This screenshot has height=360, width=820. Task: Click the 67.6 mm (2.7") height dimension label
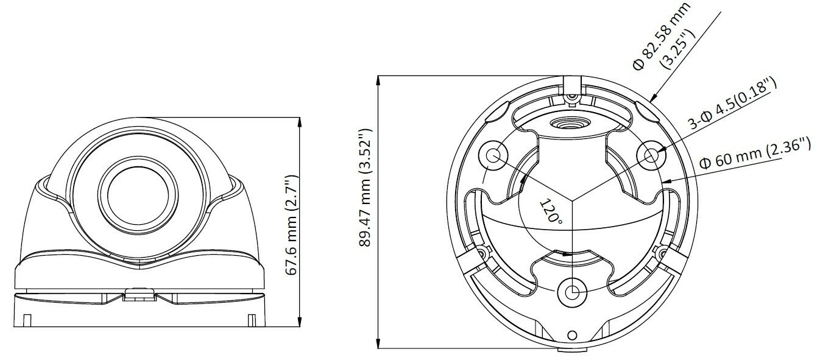coord(292,225)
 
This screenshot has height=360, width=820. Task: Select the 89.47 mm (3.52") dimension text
coord(365,188)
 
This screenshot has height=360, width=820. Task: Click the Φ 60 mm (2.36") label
coord(755,153)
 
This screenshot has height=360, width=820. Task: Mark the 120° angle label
coord(551,211)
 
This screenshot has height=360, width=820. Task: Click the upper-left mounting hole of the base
coord(493,155)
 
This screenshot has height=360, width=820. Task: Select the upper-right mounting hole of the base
coord(651,155)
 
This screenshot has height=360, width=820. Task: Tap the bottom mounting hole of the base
coord(572,292)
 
